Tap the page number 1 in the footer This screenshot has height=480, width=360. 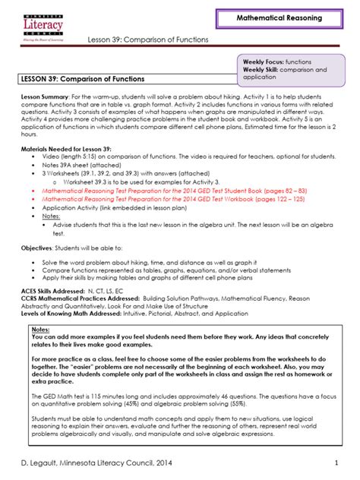[x=336, y=463]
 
